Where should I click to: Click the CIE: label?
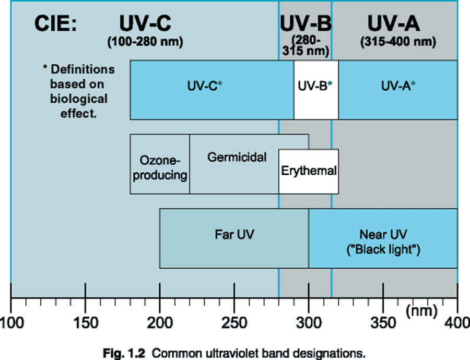pyautogui.click(x=55, y=24)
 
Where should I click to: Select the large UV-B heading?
pyautogui.click(x=305, y=23)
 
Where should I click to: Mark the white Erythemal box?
pyautogui.click(x=309, y=171)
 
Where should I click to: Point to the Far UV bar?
pyautogui.click(x=234, y=234)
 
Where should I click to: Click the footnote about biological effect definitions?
pyautogui.click(x=79, y=91)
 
